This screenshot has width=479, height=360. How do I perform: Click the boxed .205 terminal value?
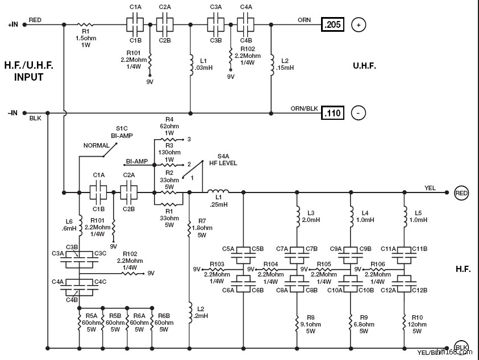(x=332, y=25)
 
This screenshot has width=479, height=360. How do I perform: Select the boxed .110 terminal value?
(x=332, y=113)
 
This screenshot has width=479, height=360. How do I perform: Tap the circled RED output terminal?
(x=461, y=193)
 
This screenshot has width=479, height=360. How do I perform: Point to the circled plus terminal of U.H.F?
(x=359, y=25)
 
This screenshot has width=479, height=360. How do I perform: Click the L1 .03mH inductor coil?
(x=190, y=64)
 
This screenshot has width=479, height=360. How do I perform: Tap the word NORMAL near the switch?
(x=97, y=145)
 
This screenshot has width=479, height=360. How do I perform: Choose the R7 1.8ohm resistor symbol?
(x=189, y=228)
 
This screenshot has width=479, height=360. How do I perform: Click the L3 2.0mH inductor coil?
(x=297, y=216)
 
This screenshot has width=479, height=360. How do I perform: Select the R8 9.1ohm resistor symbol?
(x=297, y=324)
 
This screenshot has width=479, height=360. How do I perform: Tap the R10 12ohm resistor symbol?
(x=404, y=324)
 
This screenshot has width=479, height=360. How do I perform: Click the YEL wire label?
(x=430, y=188)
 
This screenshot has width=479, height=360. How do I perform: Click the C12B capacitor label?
(x=420, y=290)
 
